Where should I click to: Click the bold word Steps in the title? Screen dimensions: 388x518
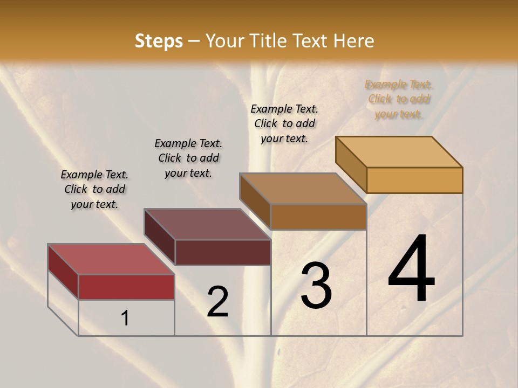159,41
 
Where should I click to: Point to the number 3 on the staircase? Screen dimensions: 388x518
316,286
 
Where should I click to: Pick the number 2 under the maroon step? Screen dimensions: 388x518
218,302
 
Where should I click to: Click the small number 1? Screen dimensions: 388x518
125,318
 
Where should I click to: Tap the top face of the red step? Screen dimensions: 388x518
111,259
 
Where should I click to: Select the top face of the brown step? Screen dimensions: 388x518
303,189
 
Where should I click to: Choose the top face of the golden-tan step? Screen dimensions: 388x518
399,152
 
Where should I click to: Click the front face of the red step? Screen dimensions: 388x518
126,287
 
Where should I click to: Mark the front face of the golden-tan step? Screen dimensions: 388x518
414,180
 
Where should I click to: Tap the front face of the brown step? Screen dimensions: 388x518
318,217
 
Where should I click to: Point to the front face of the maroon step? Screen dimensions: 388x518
223,252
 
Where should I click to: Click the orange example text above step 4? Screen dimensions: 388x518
398,99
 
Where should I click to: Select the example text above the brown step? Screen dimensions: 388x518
284,123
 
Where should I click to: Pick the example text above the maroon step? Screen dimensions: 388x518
188,158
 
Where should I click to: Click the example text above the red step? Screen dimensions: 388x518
94,189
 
